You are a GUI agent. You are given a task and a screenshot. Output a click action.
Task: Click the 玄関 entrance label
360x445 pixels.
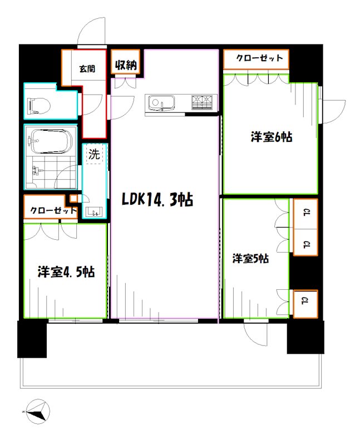pyautogui.click(x=86, y=69)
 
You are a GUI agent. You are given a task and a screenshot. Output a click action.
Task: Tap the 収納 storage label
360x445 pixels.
pyautogui.click(x=127, y=65)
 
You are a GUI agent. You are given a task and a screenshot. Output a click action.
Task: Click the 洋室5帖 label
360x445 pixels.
pyautogui.click(x=251, y=259)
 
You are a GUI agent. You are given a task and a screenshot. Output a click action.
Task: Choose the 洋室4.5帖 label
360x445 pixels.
pyautogui.click(x=66, y=272)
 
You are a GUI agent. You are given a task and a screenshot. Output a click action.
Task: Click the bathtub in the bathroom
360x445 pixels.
pyautogui.click(x=51, y=142)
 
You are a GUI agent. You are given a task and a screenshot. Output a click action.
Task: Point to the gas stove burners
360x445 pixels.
pyautogui.click(x=203, y=102)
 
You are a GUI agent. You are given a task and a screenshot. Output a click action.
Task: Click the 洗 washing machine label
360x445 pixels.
pyautogui.click(x=94, y=155)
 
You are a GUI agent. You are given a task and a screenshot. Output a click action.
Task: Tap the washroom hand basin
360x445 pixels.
pyautogui.click(x=93, y=211)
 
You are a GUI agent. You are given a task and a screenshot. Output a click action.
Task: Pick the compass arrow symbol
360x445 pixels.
pyautogui.click(x=37, y=413)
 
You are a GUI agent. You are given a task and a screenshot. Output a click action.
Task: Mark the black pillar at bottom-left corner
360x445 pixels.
pyautogui.click(x=32, y=339)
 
